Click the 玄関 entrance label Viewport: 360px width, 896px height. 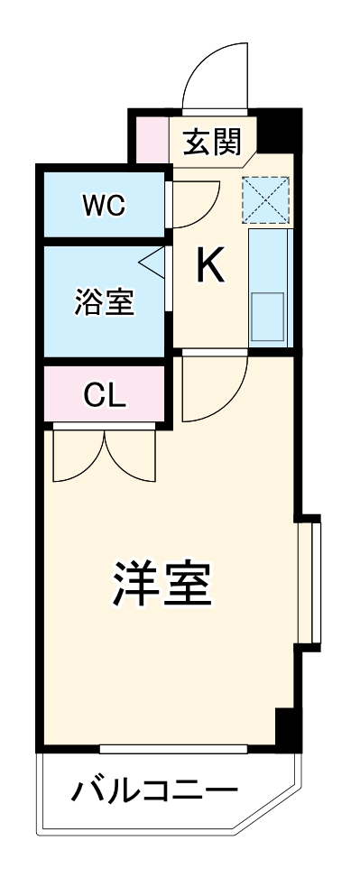click(x=215, y=142)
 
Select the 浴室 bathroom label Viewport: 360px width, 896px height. click(x=104, y=303)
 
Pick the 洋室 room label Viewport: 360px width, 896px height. click(x=162, y=586)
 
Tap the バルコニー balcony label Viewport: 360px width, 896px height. click(x=154, y=791)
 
